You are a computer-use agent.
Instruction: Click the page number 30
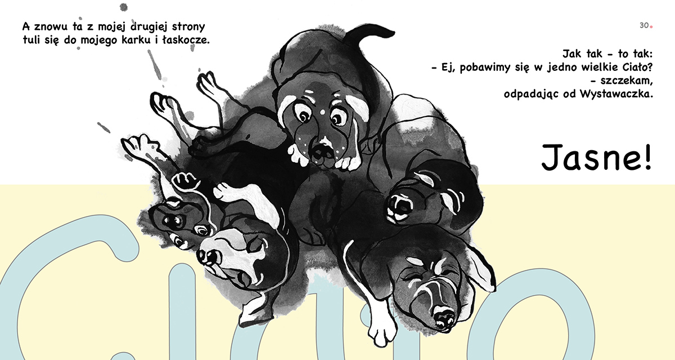[x=644, y=26]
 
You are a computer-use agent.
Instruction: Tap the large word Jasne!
[x=597, y=157]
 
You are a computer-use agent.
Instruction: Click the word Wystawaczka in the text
[x=616, y=94]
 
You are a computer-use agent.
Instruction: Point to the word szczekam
[x=626, y=81]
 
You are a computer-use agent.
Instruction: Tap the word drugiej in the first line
[x=149, y=27]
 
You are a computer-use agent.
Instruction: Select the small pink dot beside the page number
[x=651, y=27]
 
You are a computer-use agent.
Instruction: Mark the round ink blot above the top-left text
[x=124, y=7]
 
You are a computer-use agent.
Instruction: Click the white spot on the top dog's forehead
[x=322, y=112]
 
